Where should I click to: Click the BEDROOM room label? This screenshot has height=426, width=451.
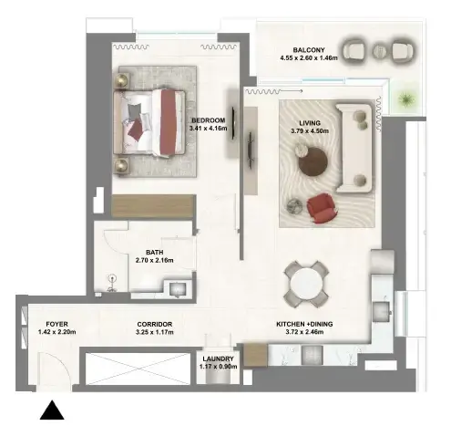(x=209, y=120)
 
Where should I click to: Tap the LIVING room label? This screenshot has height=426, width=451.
(x=310, y=123)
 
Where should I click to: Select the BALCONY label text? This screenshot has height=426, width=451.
(x=309, y=50)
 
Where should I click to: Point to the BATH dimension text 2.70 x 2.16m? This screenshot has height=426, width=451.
(x=155, y=260)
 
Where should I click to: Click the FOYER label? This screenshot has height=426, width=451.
(x=56, y=324)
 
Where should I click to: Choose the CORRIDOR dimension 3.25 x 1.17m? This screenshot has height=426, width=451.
(x=155, y=332)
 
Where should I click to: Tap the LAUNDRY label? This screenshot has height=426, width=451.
(x=218, y=358)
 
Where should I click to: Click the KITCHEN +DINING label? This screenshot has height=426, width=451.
(x=304, y=324)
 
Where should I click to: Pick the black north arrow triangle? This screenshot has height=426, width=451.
(x=52, y=410)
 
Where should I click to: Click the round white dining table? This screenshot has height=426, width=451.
(x=306, y=285)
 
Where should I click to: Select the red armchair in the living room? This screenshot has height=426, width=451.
(x=321, y=207)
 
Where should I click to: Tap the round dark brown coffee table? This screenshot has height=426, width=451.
(x=313, y=162)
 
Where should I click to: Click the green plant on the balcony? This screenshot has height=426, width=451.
(x=406, y=99)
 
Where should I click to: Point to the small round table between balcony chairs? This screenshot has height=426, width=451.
(x=379, y=50)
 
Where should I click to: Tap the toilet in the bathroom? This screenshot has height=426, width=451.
(x=112, y=284)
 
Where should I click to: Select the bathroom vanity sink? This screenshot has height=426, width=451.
(x=178, y=288)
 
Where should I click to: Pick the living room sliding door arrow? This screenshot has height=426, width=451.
(x=292, y=91)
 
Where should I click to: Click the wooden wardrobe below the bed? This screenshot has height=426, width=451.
(x=153, y=206)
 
